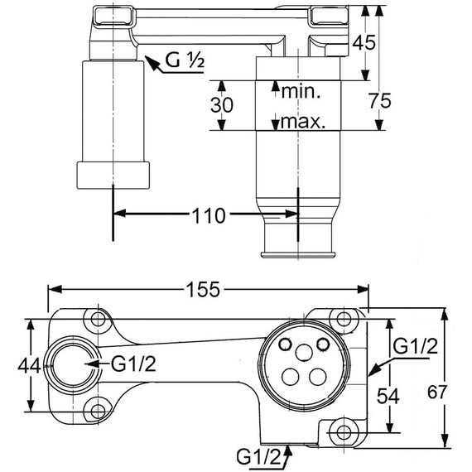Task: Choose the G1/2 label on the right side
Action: (x=414, y=347)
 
